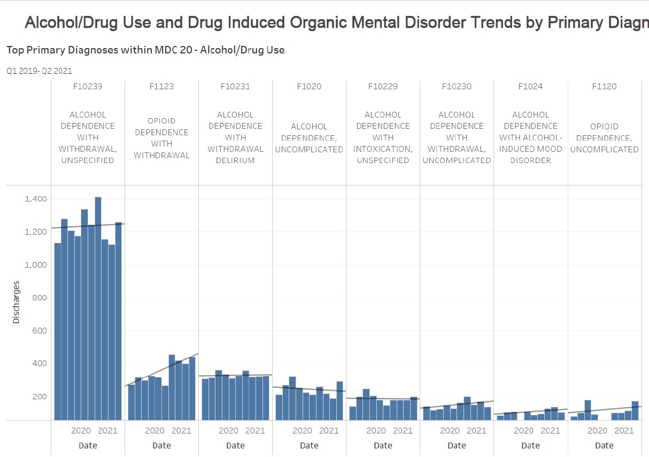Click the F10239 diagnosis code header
88,87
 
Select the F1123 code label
161,87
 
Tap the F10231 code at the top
235,87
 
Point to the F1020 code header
309,87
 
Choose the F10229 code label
383,87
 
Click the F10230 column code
457,87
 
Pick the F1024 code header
530,87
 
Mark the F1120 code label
604,87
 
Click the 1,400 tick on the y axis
36,199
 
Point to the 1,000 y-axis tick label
36,265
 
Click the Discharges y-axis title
16,302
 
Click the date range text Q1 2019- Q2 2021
39,71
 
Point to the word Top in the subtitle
15,50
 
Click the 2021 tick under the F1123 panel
181,431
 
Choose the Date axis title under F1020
309,445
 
